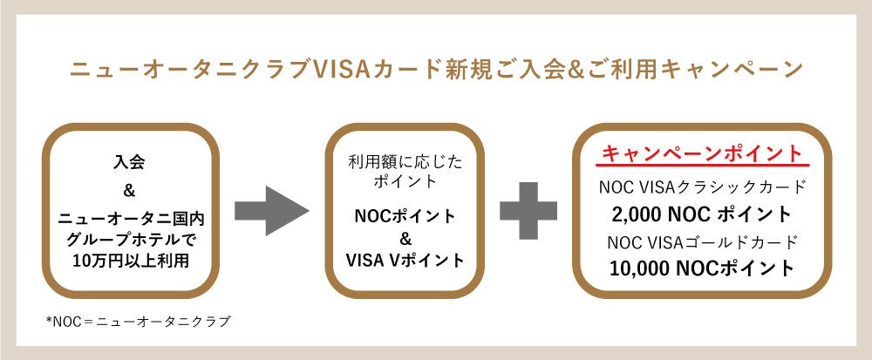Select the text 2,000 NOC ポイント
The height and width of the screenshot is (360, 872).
tap(702, 214)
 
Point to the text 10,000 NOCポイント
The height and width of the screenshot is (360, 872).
tap(702, 268)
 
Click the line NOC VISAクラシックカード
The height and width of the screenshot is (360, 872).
tap(702, 187)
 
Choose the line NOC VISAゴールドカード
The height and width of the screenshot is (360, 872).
tap(702, 241)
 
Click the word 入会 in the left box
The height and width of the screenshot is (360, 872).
tap(128, 162)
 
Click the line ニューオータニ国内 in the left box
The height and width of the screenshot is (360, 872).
tap(128, 215)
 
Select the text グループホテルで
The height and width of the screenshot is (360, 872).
tap(128, 236)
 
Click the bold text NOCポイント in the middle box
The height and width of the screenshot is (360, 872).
tap(405, 215)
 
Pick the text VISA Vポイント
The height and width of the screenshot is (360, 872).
tap(405, 260)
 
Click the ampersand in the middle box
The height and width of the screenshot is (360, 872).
tap(405, 238)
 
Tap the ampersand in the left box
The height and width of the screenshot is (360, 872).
tap(128, 189)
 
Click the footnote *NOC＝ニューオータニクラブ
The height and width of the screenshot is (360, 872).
tap(139, 322)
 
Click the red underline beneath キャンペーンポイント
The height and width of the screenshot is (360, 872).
tap(702, 166)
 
